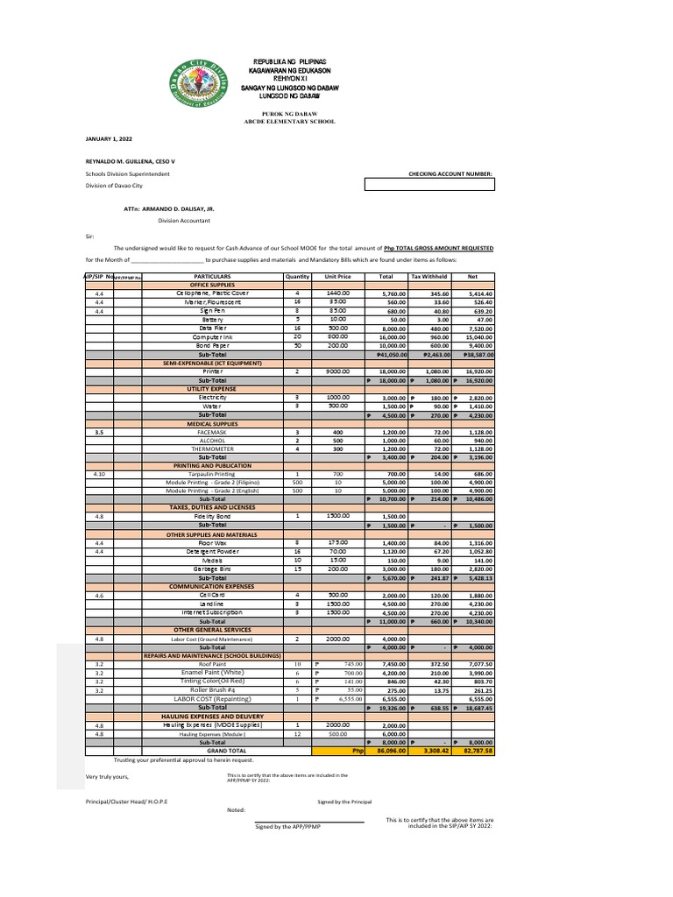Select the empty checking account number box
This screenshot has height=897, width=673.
(429, 185)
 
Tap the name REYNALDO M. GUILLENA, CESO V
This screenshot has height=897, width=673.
(131, 162)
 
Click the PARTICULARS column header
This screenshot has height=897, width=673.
(212, 277)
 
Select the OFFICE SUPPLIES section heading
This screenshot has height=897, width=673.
(212, 285)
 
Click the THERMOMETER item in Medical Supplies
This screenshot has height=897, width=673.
(212, 448)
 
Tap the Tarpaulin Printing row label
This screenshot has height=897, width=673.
(212, 473)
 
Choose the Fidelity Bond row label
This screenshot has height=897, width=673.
(212, 516)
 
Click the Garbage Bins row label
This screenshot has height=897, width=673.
(212, 569)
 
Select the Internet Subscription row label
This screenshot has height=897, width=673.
(212, 612)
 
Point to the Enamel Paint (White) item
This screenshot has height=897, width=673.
(212, 673)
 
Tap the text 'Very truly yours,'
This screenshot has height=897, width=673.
(107, 777)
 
